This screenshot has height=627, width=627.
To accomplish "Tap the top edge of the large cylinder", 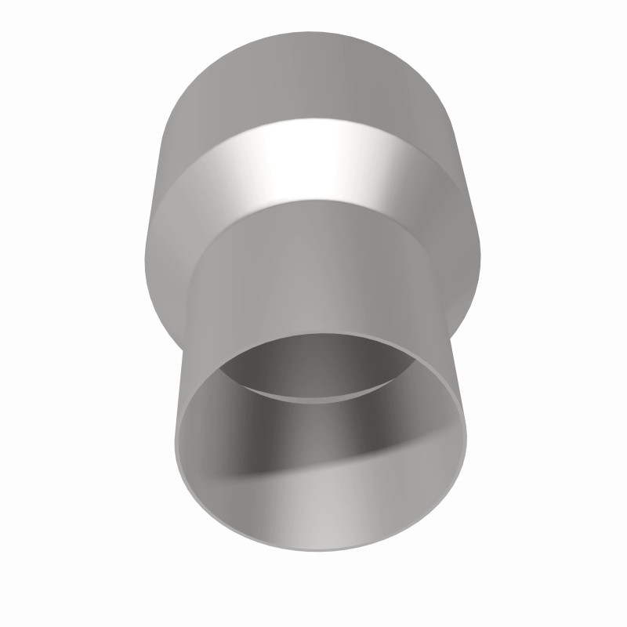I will (313, 33).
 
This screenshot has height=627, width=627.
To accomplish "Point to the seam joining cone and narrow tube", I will (313, 200).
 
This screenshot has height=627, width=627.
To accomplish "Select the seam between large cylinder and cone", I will (313, 119).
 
